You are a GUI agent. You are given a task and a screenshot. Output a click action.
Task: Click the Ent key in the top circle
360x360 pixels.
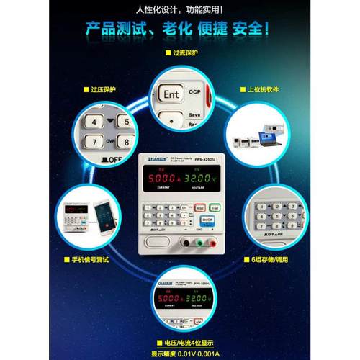[x=171, y=94]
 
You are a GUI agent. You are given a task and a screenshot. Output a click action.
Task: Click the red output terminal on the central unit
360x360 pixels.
[x=211, y=243]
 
